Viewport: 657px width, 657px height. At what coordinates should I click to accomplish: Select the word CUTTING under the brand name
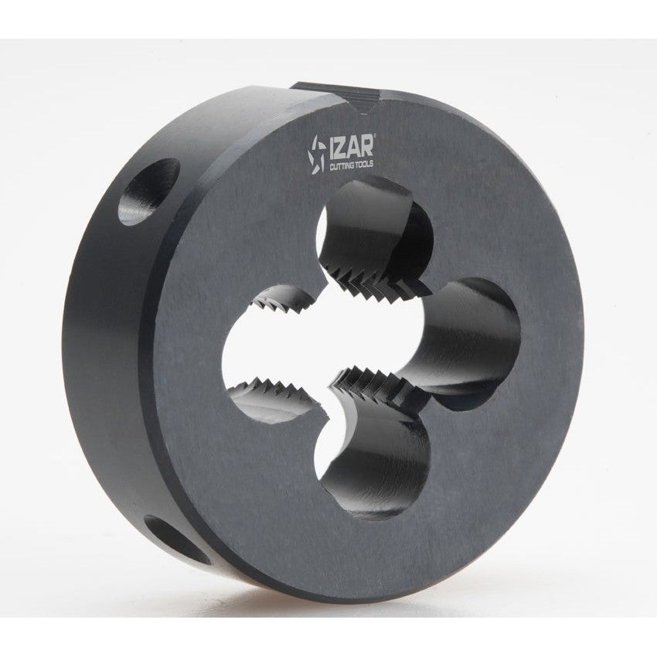click(x=341, y=167)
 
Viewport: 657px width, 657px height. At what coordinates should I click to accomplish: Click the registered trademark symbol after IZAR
click(x=374, y=136)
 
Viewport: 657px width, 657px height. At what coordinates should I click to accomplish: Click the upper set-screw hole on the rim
click(x=148, y=192)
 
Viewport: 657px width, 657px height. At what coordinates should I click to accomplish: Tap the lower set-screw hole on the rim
click(x=176, y=540)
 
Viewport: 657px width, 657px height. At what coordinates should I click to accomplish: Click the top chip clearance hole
click(x=374, y=226)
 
